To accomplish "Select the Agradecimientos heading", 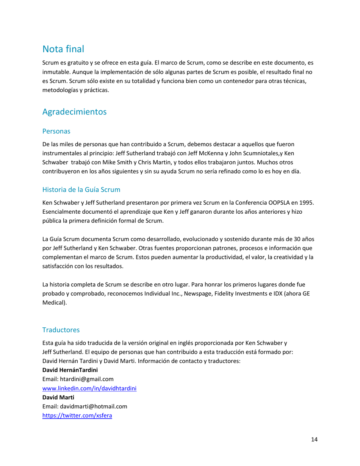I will pyautogui.click(x=75, y=112).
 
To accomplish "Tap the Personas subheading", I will pyautogui.click(x=56, y=131).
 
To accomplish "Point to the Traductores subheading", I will pyautogui.click(x=61, y=330).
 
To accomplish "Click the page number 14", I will pyautogui.click(x=314, y=439).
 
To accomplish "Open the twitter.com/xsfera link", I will pyautogui.click(x=79, y=416).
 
